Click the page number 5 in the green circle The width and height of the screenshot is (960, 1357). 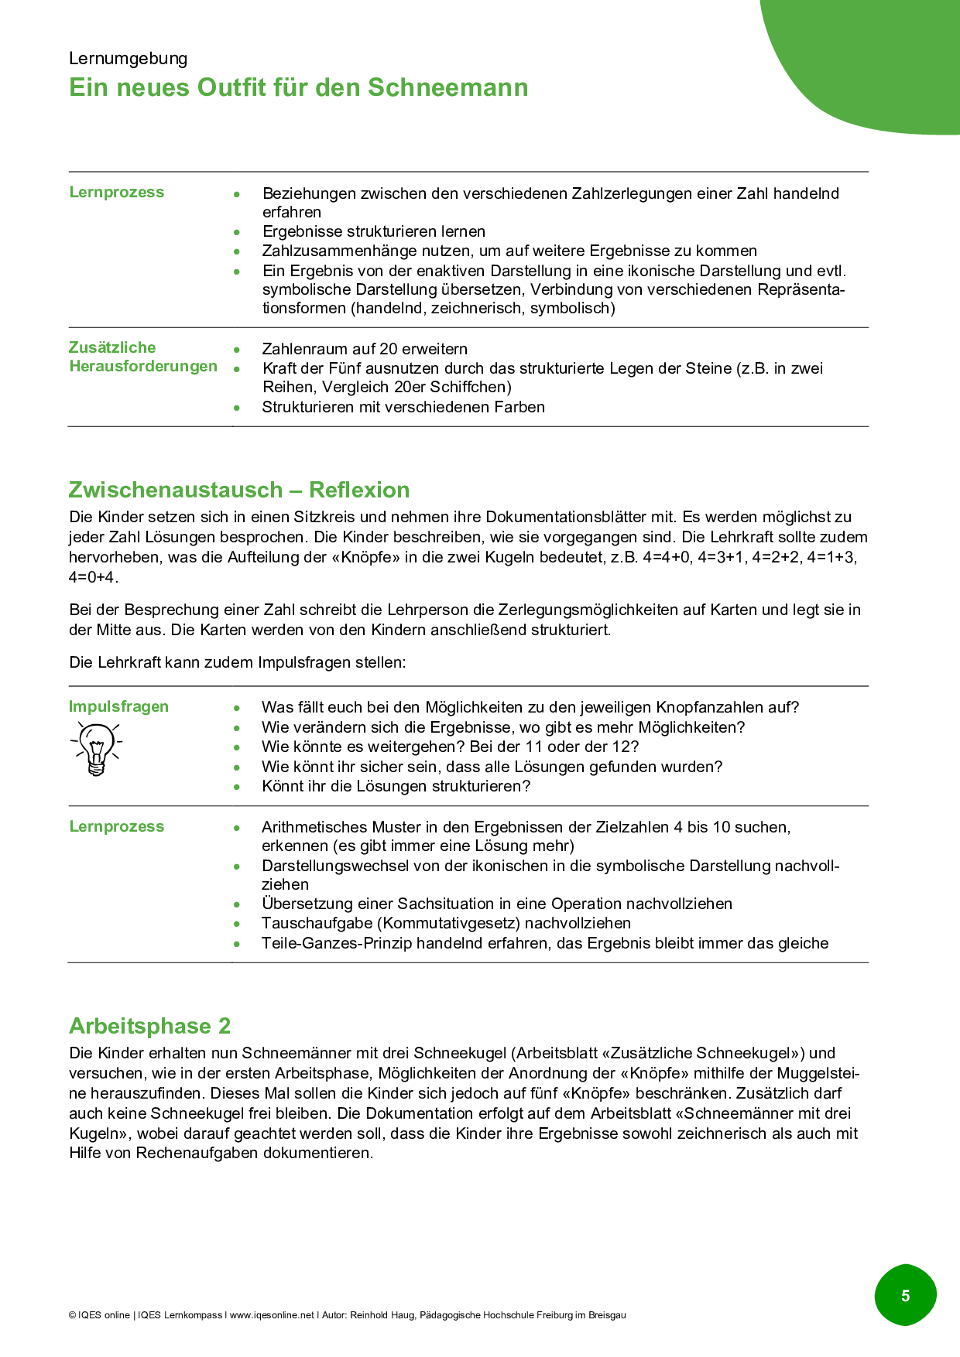click(x=905, y=1295)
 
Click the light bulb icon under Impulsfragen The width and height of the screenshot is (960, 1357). click(x=96, y=747)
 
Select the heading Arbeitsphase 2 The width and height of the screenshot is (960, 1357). click(x=149, y=1026)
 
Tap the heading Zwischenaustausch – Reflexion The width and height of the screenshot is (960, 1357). click(x=238, y=490)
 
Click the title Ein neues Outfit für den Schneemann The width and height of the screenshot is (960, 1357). click(x=298, y=87)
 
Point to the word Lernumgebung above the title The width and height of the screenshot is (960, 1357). click(x=128, y=59)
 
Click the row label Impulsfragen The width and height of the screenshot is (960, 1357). click(x=118, y=706)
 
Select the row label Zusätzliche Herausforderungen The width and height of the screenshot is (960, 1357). click(x=142, y=357)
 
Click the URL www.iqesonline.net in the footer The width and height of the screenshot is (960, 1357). click(x=272, y=1315)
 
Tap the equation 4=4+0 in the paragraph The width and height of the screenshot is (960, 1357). click(x=668, y=557)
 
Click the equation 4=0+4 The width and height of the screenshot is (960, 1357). click(x=93, y=577)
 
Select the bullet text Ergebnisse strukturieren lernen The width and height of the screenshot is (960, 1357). click(x=374, y=231)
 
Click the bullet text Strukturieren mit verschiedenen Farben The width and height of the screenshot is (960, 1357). click(x=403, y=407)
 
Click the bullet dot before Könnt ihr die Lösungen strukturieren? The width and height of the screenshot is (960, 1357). click(x=237, y=787)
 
